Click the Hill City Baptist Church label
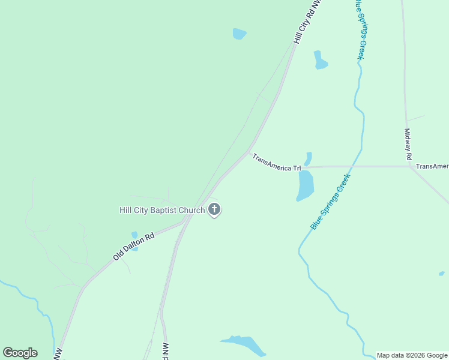[161, 210]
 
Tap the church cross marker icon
[214, 210]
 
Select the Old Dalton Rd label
[134, 246]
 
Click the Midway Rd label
[408, 143]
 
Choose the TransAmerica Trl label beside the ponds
[276, 163]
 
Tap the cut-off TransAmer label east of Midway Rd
[432, 166]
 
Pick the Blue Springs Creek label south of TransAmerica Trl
[330, 202]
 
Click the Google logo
[20, 353]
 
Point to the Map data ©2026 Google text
[412, 355]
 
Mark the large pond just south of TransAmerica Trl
[305, 186]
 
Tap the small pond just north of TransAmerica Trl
[308, 159]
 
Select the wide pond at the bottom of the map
[245, 344]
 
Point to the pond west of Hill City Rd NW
[240, 34]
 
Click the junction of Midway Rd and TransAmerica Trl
[410, 166]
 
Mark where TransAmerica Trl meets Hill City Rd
[249, 152]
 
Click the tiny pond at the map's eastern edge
[442, 274]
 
